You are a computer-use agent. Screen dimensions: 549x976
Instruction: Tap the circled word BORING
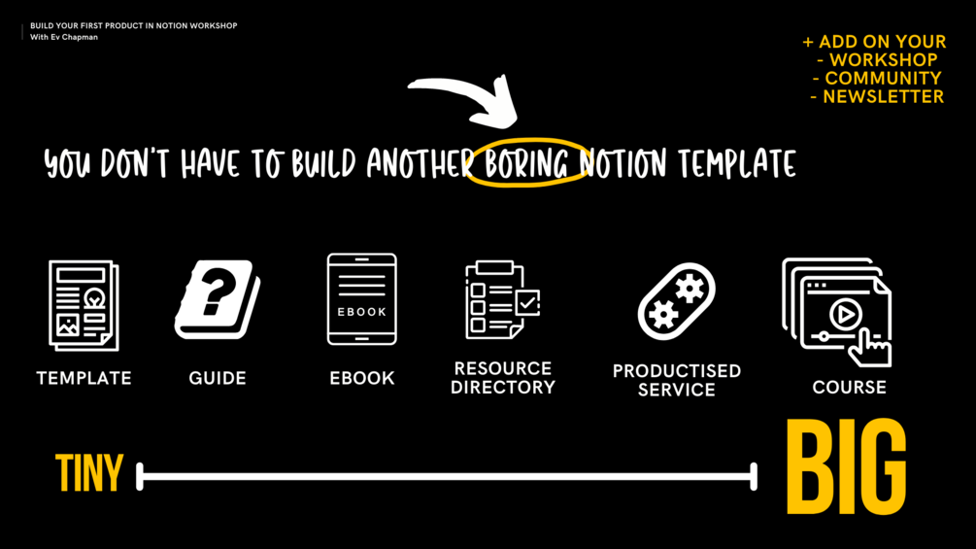(526, 162)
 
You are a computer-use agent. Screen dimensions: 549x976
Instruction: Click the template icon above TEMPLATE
(84, 304)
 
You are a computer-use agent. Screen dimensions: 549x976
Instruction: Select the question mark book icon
(218, 300)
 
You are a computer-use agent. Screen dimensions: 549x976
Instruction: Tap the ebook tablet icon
(361, 299)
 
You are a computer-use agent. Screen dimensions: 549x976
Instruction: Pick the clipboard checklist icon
(502, 299)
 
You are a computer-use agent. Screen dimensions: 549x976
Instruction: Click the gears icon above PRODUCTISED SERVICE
(677, 300)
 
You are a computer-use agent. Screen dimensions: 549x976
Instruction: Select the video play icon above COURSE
(837, 312)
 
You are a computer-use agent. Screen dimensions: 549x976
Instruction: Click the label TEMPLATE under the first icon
(84, 378)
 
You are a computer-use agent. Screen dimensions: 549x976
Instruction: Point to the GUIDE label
(218, 378)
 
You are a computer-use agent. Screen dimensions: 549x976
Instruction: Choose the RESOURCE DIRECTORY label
(503, 378)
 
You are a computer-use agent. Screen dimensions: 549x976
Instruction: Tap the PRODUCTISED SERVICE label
(677, 380)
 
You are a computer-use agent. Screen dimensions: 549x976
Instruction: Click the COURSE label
(849, 387)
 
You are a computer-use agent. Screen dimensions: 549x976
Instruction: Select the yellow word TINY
(89, 474)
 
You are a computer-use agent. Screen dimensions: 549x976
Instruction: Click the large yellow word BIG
(846, 468)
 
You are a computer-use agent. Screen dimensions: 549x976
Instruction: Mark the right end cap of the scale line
(754, 476)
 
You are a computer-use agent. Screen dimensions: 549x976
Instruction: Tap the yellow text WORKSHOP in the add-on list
(883, 60)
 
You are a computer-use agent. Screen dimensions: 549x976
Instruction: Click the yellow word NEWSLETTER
(883, 96)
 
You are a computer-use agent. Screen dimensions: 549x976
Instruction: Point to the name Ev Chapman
(74, 37)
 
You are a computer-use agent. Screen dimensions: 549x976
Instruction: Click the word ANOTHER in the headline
(420, 164)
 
